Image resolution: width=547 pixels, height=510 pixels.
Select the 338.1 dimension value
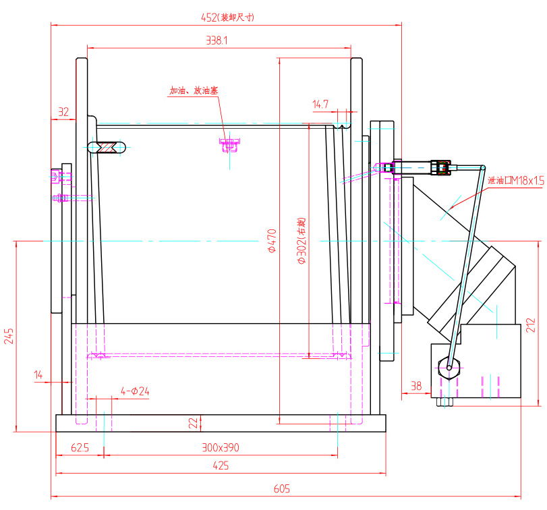click(x=217, y=41)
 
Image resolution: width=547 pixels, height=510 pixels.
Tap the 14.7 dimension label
click(x=320, y=104)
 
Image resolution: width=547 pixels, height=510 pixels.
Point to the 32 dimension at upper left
click(x=63, y=113)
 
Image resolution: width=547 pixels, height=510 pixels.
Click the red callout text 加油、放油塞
click(x=193, y=90)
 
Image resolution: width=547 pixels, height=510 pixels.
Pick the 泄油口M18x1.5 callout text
click(x=515, y=180)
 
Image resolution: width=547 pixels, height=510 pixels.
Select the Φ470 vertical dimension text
click(x=272, y=240)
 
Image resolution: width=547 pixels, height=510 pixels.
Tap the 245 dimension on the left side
click(x=9, y=336)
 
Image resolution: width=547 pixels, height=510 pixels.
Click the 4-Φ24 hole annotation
click(x=135, y=391)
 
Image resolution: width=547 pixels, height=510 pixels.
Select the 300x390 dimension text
click(x=221, y=447)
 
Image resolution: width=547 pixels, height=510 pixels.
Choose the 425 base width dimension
click(x=221, y=465)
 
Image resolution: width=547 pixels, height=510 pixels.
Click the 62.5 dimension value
click(x=80, y=447)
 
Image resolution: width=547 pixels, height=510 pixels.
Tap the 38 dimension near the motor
click(x=415, y=386)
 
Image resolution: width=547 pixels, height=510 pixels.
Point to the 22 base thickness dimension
click(x=194, y=423)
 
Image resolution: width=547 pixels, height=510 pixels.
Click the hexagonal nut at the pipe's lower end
click(x=449, y=367)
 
